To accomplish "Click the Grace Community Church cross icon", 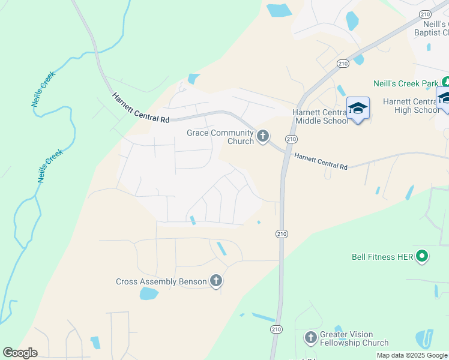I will point(262,137).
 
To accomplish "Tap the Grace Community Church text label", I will point(221,137).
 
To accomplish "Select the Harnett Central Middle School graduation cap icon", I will point(358,108).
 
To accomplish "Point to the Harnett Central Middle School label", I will point(320,116).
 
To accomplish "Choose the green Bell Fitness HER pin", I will point(422,257).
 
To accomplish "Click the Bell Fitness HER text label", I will point(382,257).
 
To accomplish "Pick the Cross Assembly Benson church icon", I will point(216,281).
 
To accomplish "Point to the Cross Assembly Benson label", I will point(161,281).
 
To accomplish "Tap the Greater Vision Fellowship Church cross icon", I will point(310,338).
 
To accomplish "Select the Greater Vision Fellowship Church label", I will point(354,338).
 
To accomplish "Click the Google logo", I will point(20,353).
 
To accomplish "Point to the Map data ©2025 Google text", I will point(412,355).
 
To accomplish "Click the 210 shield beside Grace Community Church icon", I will point(291,139).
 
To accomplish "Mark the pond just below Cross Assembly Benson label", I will point(148,293).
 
